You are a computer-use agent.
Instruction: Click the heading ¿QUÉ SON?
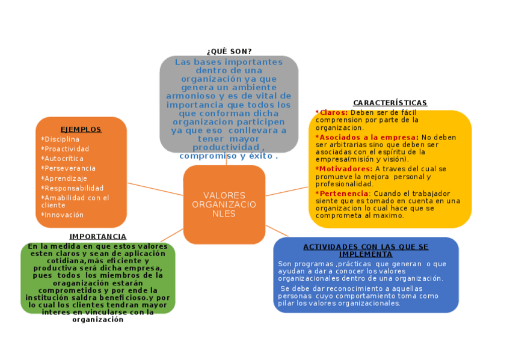tap(229, 51)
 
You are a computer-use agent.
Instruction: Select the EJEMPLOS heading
tap(81, 129)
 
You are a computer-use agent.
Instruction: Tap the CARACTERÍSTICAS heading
tap(390, 103)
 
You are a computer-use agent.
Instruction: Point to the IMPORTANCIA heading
tap(98, 237)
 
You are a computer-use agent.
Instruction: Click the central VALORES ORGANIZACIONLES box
tap(224, 204)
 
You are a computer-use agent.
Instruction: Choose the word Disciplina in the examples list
tap(62, 139)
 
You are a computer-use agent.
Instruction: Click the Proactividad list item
tap(67, 149)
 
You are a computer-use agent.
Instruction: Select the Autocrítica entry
tap(64, 158)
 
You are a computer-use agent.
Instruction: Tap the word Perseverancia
tap(70, 168)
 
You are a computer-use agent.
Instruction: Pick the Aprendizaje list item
tap(66, 178)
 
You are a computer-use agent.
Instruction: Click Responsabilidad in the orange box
tap(74, 188)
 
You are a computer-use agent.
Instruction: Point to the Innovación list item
tap(64, 215)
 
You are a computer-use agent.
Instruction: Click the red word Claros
tap(333, 112)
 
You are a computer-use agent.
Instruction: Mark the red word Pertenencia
tap(343, 194)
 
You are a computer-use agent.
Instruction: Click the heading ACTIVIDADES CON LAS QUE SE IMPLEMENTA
tap(366, 250)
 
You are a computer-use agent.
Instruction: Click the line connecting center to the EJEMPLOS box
tap(155, 188)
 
